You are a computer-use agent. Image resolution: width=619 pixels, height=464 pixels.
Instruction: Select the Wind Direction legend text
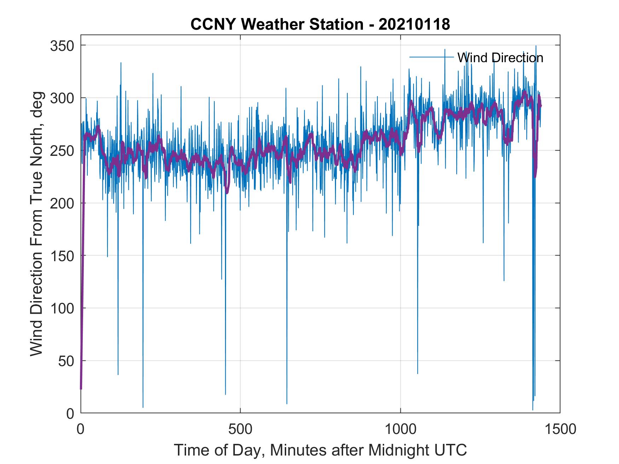tap(500, 58)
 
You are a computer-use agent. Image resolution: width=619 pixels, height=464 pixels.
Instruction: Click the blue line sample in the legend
tap(432, 57)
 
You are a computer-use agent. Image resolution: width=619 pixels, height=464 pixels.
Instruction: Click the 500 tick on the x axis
tap(241, 429)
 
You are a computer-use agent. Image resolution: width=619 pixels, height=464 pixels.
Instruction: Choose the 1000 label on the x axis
tap(400, 429)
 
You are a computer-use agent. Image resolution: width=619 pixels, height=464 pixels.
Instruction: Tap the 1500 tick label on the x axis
tap(560, 429)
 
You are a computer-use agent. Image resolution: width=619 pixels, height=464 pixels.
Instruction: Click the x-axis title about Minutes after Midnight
tap(320, 451)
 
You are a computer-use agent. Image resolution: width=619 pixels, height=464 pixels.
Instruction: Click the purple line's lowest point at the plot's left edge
tap(81, 388)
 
